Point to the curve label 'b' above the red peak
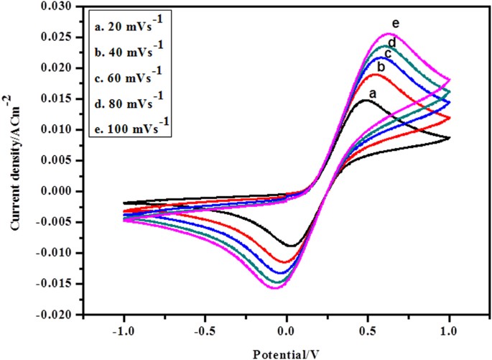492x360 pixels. [x=381, y=67]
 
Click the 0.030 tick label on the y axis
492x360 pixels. [x=57, y=6]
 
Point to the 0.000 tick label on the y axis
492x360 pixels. [x=57, y=192]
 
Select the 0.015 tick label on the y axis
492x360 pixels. [x=57, y=99]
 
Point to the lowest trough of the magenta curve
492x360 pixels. [x=274, y=287]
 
